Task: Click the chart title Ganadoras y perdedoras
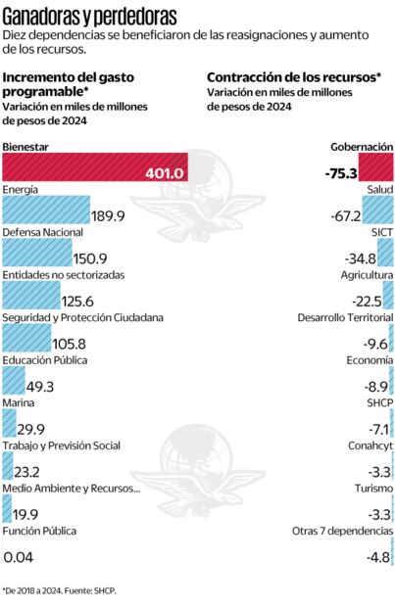(90, 16)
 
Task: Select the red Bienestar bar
(94, 170)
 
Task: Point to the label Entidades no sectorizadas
(64, 275)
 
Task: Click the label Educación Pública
(45, 360)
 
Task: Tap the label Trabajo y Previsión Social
(62, 446)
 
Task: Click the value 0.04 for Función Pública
(20, 557)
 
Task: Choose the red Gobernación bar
(375, 170)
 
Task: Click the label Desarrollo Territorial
(346, 318)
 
